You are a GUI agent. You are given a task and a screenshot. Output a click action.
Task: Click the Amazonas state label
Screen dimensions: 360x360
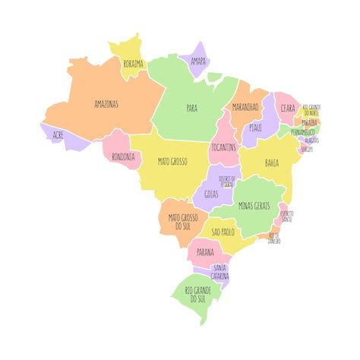point(106,103)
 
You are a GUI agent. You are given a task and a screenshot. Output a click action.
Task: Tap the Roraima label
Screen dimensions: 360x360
point(134,65)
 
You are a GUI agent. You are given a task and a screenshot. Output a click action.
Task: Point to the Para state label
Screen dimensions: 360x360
point(191,108)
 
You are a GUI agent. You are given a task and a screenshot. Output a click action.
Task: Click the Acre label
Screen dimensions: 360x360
point(58,134)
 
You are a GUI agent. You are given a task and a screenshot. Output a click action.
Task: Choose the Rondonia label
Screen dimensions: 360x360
point(124,157)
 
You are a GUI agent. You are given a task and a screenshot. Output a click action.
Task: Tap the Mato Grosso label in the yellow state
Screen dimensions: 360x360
point(173,161)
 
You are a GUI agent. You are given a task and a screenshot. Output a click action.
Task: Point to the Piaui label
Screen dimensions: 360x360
point(255,128)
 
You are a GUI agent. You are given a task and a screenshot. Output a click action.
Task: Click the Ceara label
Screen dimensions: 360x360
point(288,109)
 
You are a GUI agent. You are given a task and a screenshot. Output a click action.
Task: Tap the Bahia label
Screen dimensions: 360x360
point(271,163)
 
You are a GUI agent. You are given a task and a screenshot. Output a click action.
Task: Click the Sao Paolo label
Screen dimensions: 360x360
point(226,231)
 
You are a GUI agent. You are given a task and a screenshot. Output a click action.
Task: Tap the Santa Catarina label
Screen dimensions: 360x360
point(220,271)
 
